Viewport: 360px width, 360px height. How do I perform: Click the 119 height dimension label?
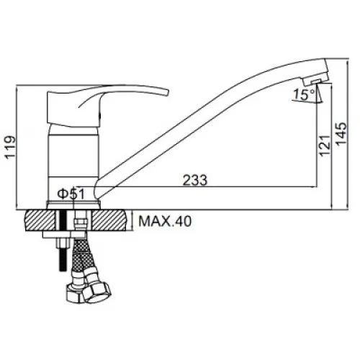pyautogui.click(x=11, y=147)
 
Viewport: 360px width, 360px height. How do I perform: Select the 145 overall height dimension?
pyautogui.click(x=341, y=134)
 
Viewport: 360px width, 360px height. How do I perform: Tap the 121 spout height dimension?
pyautogui.click(x=325, y=146)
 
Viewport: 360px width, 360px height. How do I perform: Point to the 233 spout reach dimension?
pyautogui.click(x=195, y=180)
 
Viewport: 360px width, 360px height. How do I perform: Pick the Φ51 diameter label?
pyautogui.click(x=71, y=194)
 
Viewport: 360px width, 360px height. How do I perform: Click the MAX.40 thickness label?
pyautogui.click(x=165, y=221)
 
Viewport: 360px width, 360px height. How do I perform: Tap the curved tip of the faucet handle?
pyautogui.click(x=167, y=93)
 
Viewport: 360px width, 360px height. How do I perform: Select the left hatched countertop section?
pyautogui.click(x=40, y=220)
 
